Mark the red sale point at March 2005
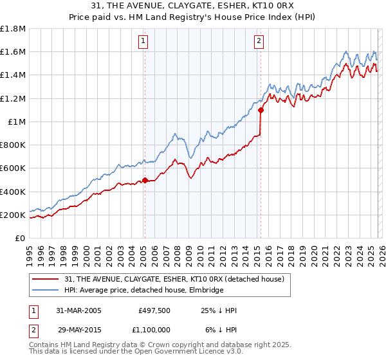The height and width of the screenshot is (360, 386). tap(145, 181)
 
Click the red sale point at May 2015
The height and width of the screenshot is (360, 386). tap(261, 110)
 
